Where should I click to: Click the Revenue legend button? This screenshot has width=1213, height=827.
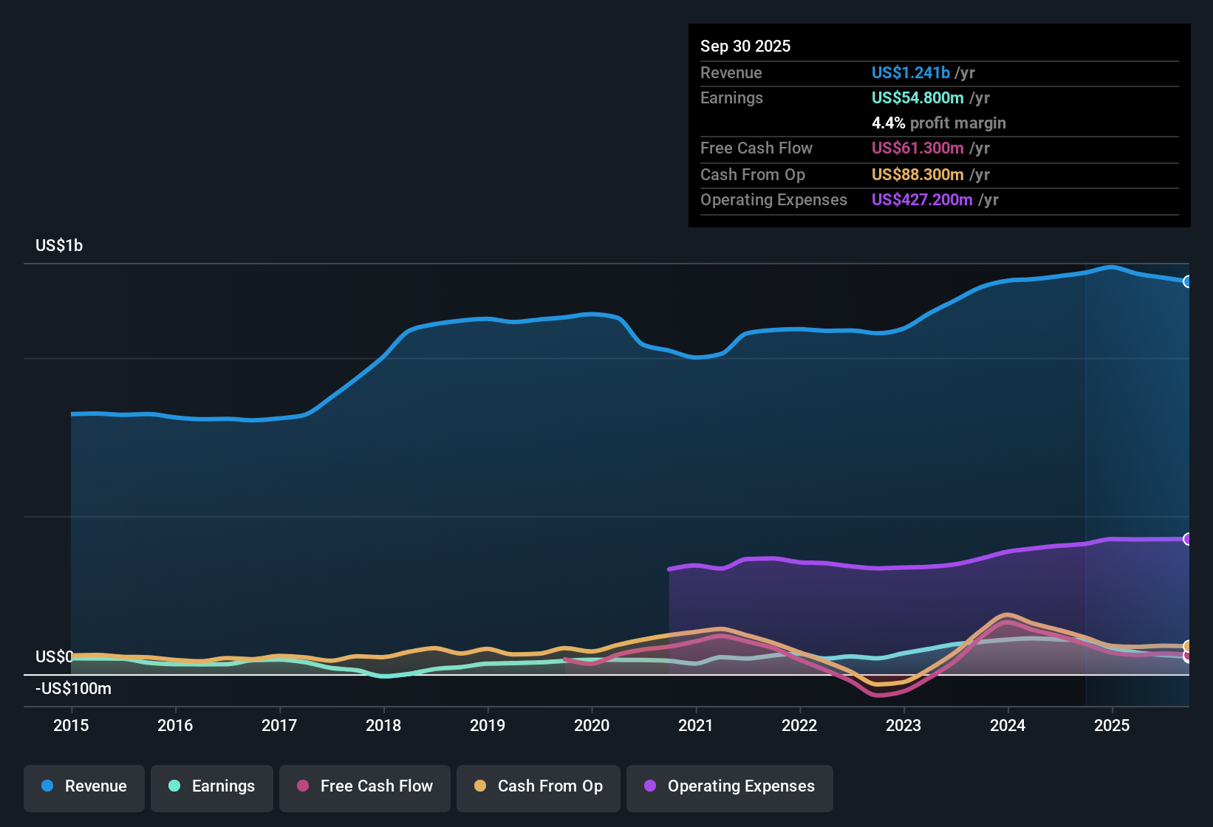84,786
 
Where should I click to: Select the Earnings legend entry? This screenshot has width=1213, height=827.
212,786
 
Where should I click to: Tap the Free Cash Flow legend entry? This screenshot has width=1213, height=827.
365,786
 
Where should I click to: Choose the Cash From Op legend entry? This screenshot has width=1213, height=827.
539,786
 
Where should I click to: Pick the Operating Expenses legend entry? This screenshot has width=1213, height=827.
730,786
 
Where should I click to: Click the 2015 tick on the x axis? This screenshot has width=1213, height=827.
71,725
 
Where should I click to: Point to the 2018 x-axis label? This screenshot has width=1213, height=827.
383,725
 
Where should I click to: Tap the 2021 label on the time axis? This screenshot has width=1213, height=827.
696,725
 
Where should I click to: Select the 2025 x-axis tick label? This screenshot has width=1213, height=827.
1112,725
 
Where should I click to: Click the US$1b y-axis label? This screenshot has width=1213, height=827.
59,246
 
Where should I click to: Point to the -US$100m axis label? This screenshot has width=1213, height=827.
73,689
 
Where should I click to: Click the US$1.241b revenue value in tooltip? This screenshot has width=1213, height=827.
910,73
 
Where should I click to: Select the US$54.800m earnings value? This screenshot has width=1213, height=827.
918,98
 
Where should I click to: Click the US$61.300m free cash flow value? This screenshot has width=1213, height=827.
918,148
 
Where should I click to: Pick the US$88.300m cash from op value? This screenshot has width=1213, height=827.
918,175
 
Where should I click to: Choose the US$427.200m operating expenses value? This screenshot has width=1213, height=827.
922,200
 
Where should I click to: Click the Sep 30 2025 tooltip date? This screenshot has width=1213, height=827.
745,47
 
